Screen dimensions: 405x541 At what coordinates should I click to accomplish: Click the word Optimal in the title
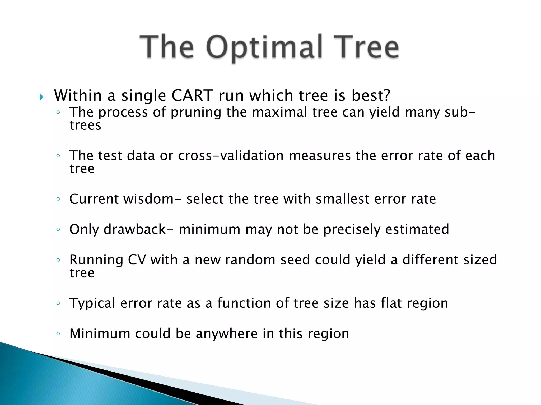click(x=264, y=47)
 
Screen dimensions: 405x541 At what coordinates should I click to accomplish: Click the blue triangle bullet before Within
click(x=41, y=97)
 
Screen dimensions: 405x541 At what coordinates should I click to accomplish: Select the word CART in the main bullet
click(x=192, y=95)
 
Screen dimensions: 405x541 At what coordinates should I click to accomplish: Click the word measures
click(x=320, y=156)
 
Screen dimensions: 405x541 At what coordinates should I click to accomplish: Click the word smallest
click(x=343, y=199)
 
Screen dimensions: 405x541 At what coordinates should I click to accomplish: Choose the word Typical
click(x=92, y=303)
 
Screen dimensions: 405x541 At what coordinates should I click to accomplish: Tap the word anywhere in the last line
click(x=227, y=334)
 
